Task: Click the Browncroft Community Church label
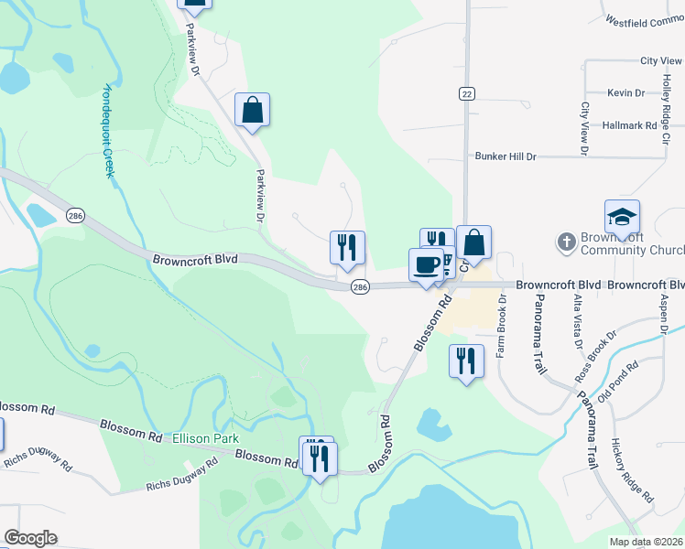pyautogui.click(x=632, y=243)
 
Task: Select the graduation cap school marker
pyautogui.click(x=622, y=217)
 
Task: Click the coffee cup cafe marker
pyautogui.click(x=426, y=265)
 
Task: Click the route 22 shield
pyautogui.click(x=467, y=94)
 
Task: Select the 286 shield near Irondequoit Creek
pyautogui.click(x=75, y=215)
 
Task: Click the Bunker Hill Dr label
pyautogui.click(x=505, y=156)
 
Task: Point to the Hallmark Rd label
pyautogui.click(x=631, y=124)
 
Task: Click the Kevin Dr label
pyautogui.click(x=625, y=93)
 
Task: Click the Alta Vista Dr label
pyautogui.click(x=578, y=321)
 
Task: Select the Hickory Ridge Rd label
pyautogui.click(x=632, y=468)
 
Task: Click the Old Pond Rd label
pyautogui.click(x=616, y=383)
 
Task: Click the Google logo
pyautogui.click(x=30, y=538)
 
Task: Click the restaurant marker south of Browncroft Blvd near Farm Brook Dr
pyautogui.click(x=465, y=361)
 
